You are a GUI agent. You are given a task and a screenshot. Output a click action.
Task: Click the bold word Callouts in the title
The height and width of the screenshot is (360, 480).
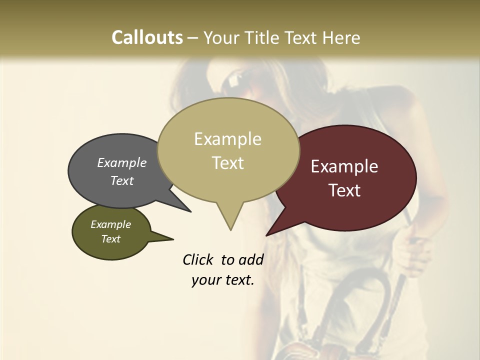click(x=147, y=37)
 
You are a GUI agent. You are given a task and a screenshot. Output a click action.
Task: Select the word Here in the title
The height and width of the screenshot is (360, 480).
click(x=342, y=37)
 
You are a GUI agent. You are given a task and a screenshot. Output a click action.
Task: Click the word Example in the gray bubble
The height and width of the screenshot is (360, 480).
click(x=122, y=162)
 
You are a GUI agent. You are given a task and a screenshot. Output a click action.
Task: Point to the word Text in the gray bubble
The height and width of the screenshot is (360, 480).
click(x=122, y=180)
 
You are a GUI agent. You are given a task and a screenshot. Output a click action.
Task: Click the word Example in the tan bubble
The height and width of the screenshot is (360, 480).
click(x=227, y=139)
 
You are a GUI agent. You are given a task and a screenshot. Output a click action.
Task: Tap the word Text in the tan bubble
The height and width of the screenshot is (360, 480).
click(x=227, y=163)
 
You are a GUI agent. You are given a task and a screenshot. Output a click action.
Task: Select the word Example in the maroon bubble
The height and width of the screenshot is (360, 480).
click(x=344, y=166)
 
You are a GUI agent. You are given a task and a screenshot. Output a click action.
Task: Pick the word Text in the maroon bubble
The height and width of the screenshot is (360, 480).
click(x=344, y=190)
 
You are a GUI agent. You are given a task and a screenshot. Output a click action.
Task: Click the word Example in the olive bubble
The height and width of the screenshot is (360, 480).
click(x=110, y=224)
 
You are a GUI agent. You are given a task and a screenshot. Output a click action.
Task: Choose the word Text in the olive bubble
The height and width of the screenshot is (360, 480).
click(x=110, y=239)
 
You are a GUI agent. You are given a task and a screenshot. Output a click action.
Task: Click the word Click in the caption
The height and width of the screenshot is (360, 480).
click(x=199, y=259)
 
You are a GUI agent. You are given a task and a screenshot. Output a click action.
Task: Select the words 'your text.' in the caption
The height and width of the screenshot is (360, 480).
click(x=223, y=280)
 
